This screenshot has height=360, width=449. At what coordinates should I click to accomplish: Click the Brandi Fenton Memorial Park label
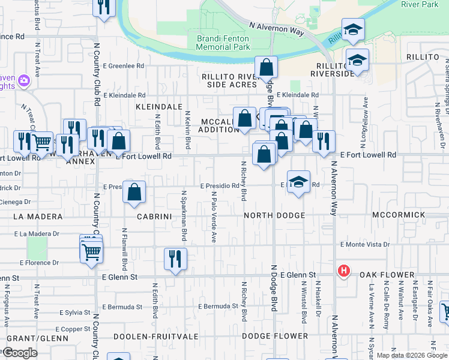[214, 43]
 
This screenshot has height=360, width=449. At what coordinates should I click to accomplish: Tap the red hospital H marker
[344, 271]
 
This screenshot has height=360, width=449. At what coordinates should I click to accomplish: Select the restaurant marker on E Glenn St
[175, 260]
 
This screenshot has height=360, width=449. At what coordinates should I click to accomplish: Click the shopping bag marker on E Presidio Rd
[135, 192]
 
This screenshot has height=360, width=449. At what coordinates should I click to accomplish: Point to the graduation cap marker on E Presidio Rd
[298, 182]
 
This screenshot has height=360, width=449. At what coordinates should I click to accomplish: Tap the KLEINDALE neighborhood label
[159, 106]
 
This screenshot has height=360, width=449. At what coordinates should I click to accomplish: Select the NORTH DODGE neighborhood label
[275, 215]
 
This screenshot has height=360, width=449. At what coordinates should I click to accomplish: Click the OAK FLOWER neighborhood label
[387, 275]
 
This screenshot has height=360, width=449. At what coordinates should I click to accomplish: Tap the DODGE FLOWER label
[274, 336]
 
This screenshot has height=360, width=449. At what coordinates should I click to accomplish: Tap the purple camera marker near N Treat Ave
[24, 80]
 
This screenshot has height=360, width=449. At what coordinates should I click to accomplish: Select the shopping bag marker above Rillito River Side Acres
[265, 68]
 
